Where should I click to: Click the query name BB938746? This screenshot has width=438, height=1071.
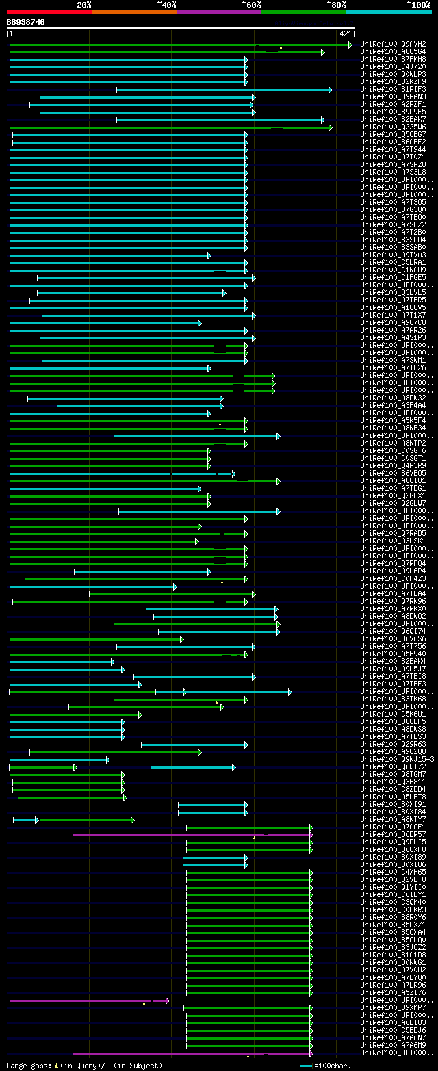click(26, 22)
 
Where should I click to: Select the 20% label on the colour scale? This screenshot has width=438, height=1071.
click(84, 5)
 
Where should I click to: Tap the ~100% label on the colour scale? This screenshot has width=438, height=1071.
click(418, 5)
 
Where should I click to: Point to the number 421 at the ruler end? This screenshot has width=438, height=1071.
click(345, 34)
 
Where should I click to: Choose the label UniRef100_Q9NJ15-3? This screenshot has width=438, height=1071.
click(398, 760)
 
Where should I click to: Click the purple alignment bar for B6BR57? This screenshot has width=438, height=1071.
click(192, 835)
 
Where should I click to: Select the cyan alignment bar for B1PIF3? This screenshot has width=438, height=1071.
click(223, 90)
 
